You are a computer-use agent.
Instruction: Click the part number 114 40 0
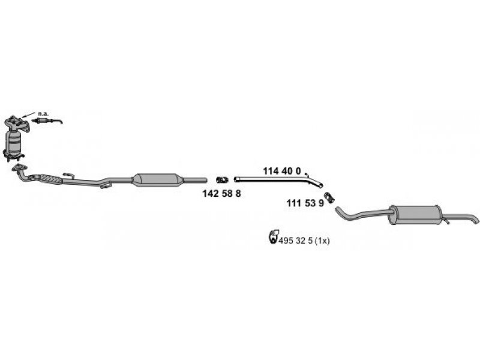click(x=282, y=171)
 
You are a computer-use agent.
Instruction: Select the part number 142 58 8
click(x=221, y=193)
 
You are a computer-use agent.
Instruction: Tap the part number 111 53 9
click(x=305, y=203)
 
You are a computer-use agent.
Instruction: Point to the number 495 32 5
click(x=295, y=241)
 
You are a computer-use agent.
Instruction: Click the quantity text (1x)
click(x=322, y=241)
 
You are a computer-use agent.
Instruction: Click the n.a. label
click(x=43, y=113)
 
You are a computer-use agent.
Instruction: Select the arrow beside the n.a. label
click(x=29, y=115)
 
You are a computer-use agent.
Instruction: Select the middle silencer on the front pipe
click(x=157, y=179)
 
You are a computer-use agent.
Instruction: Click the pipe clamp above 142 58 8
click(x=222, y=179)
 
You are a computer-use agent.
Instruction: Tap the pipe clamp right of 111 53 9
click(x=329, y=197)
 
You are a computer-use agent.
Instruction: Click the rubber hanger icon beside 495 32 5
click(x=273, y=236)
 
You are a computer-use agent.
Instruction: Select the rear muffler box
click(x=415, y=215)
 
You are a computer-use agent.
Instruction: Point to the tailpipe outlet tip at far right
click(x=476, y=221)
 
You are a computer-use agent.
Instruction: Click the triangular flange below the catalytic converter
click(x=19, y=167)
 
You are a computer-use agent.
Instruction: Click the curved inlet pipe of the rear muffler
click(x=361, y=214)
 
